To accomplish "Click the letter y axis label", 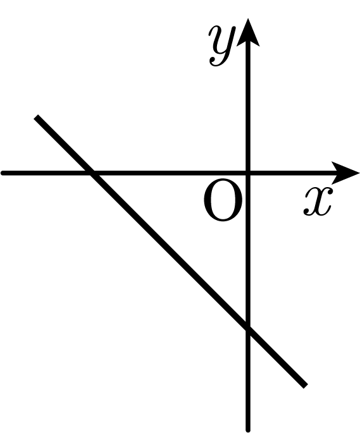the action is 222,46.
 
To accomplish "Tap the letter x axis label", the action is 318,201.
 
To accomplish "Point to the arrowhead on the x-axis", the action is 345,173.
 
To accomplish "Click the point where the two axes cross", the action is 248,173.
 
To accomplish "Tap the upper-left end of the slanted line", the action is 37,117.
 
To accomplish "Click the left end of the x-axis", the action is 3,173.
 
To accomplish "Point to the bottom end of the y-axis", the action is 248,430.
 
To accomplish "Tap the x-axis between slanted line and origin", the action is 170,173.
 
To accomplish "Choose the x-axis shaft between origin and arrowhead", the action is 290,173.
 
